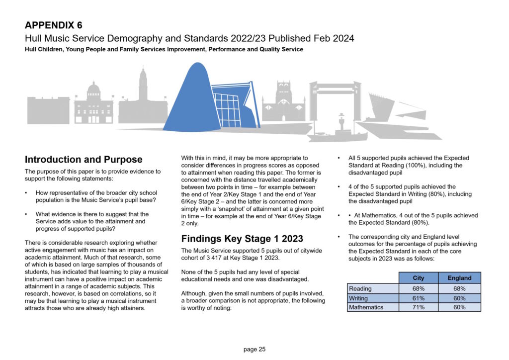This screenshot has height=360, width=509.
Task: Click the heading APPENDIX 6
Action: coord(54,25)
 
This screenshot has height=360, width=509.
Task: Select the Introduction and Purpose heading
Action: coord(84,160)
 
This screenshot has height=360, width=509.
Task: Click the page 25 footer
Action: coord(254,349)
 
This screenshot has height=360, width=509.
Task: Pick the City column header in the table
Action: coord(419,278)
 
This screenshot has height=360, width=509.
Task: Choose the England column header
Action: coord(459,278)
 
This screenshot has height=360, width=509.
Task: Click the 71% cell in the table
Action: coord(419,307)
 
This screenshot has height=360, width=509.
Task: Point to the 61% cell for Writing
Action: coord(419,298)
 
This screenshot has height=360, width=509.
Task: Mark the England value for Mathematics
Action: coord(459,307)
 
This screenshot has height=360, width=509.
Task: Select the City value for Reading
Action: coord(419,288)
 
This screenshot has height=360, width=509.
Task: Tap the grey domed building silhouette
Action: coord(93,104)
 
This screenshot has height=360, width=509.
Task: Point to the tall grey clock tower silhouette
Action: coord(143,94)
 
